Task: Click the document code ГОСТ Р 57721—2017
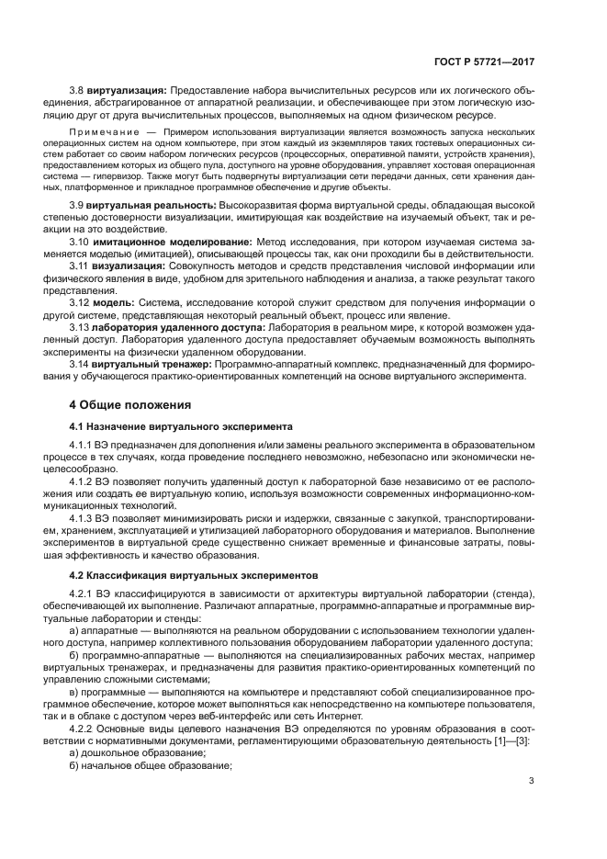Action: tap(488, 62)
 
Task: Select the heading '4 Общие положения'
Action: tap(130, 404)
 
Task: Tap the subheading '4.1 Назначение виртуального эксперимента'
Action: tap(181, 426)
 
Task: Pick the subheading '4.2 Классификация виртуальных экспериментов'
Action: tap(194, 574)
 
